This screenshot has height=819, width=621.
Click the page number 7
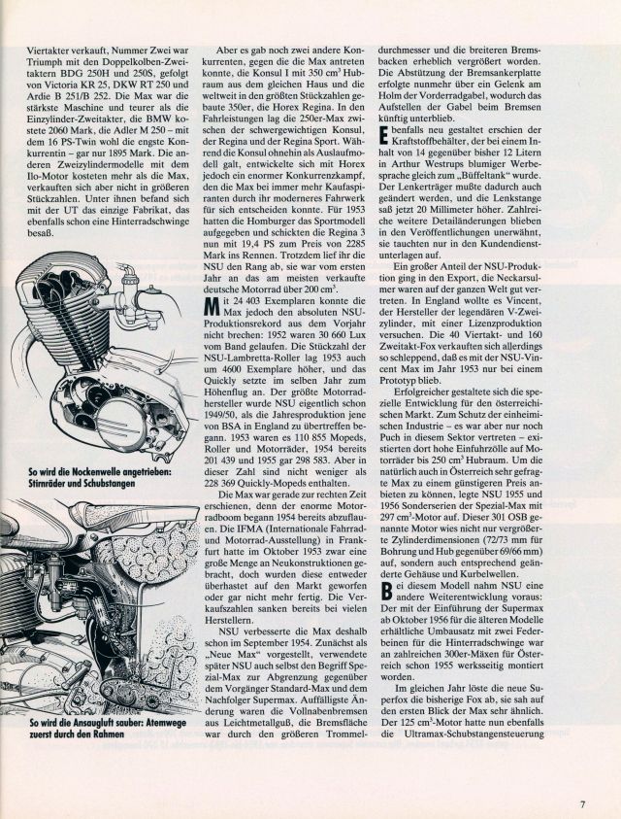pyautogui.click(x=583, y=776)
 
